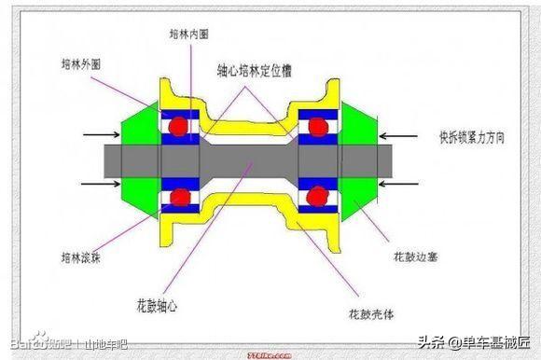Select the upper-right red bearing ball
[x=318, y=126]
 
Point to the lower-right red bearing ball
[x=318, y=197]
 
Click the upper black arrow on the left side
[x=103, y=136]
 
